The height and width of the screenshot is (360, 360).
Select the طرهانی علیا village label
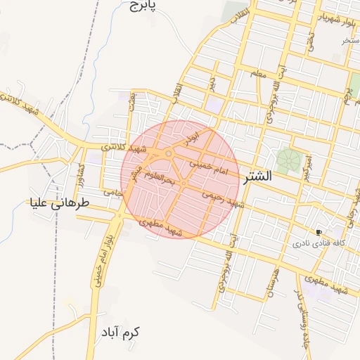coord(61,204)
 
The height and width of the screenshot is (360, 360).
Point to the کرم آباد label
coord(120,331)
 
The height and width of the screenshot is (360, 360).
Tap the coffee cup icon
coord(319,232)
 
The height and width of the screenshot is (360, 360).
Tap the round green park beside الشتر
coord(287,160)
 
